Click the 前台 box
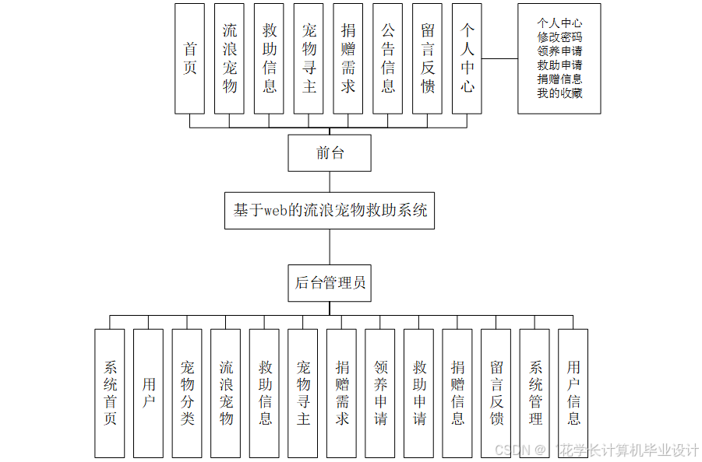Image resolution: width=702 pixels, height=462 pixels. [329, 153]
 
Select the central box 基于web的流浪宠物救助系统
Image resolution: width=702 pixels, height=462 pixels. [330, 211]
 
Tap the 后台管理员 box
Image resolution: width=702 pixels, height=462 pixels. [330, 283]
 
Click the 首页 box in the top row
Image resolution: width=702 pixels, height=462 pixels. [190, 58]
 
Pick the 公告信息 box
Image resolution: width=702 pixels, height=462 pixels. [388, 58]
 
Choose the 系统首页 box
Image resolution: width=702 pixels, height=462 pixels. [110, 393]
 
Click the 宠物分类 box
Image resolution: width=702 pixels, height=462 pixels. [187, 393]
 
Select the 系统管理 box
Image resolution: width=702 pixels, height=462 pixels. [534, 393]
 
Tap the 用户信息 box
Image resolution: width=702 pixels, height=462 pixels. [573, 393]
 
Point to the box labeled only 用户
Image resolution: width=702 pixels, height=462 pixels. [148, 393]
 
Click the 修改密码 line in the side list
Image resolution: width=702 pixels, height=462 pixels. [559, 37]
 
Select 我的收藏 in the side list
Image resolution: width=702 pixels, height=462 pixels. [559, 93]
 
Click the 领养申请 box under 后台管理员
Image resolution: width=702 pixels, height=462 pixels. [380, 393]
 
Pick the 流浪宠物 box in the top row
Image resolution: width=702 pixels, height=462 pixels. [230, 58]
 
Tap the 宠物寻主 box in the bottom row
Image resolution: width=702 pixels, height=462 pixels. [303, 393]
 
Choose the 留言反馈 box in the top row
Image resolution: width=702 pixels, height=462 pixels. [428, 58]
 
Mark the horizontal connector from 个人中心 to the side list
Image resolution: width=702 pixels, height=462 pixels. [499, 58]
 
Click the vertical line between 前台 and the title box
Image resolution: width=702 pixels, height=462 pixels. [330, 182]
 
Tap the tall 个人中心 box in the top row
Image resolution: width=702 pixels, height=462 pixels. [467, 58]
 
